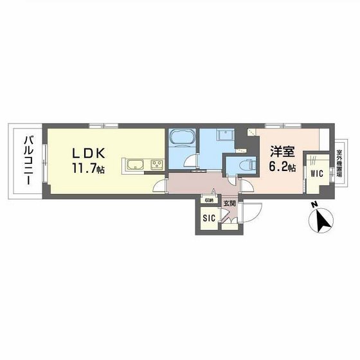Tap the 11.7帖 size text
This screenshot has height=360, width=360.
tap(88, 170)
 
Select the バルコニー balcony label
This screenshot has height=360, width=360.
tap(29, 160)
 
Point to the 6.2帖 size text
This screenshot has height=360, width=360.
tap(282, 167)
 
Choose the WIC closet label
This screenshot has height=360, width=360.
tap(316, 174)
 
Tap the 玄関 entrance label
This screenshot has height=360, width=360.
tap(230, 204)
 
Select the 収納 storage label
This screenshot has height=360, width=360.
tap(209, 200)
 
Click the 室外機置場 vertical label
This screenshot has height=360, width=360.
tap(339, 165)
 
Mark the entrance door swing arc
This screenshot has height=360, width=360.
tap(255, 212)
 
